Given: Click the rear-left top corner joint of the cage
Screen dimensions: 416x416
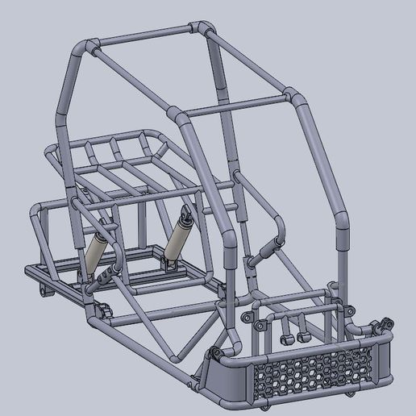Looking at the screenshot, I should [87, 47].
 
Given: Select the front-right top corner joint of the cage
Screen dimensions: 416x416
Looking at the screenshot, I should [293, 99].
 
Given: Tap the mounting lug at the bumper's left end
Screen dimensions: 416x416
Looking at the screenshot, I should [215, 353].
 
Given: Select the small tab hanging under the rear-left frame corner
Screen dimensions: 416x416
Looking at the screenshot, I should [45, 291].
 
